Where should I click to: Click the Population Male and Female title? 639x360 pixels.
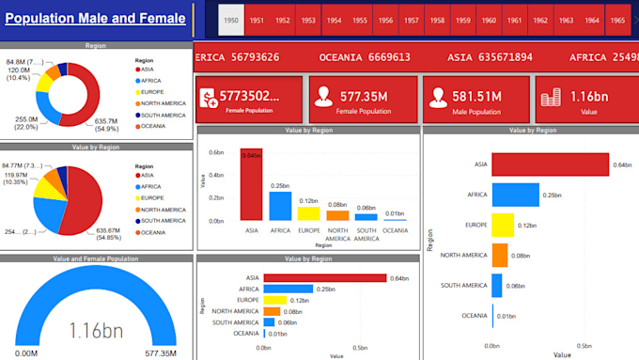coord(95,19)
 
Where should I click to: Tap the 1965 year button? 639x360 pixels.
coord(616,20)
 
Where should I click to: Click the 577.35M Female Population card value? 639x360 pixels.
coord(366,95)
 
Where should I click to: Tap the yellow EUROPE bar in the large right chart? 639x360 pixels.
coord(503,225)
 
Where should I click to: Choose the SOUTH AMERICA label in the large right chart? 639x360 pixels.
coord(463,285)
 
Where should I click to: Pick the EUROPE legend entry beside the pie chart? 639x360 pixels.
coord(156,198)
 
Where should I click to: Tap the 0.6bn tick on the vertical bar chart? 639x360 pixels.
coord(216,152)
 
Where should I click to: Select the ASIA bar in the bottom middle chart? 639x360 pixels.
coord(325,277)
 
